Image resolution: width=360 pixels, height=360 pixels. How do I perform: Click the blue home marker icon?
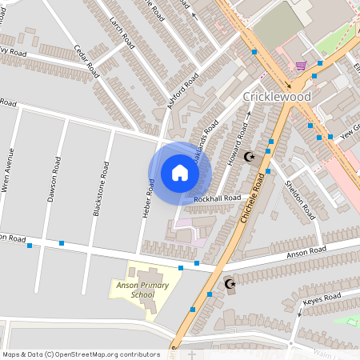click(x=180, y=173)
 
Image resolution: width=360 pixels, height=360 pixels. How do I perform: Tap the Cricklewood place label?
click(x=276, y=96)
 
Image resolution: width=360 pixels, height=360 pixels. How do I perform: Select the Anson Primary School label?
click(x=133, y=289)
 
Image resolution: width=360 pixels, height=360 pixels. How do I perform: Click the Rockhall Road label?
click(x=217, y=198)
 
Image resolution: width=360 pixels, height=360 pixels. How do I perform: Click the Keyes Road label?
click(x=323, y=302)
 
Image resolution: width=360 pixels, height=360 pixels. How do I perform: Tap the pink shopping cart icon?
click(x=301, y=66)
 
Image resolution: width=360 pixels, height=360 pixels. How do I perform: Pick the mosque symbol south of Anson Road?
click(x=230, y=283)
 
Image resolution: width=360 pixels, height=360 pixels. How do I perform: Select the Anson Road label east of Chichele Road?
click(x=309, y=251)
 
